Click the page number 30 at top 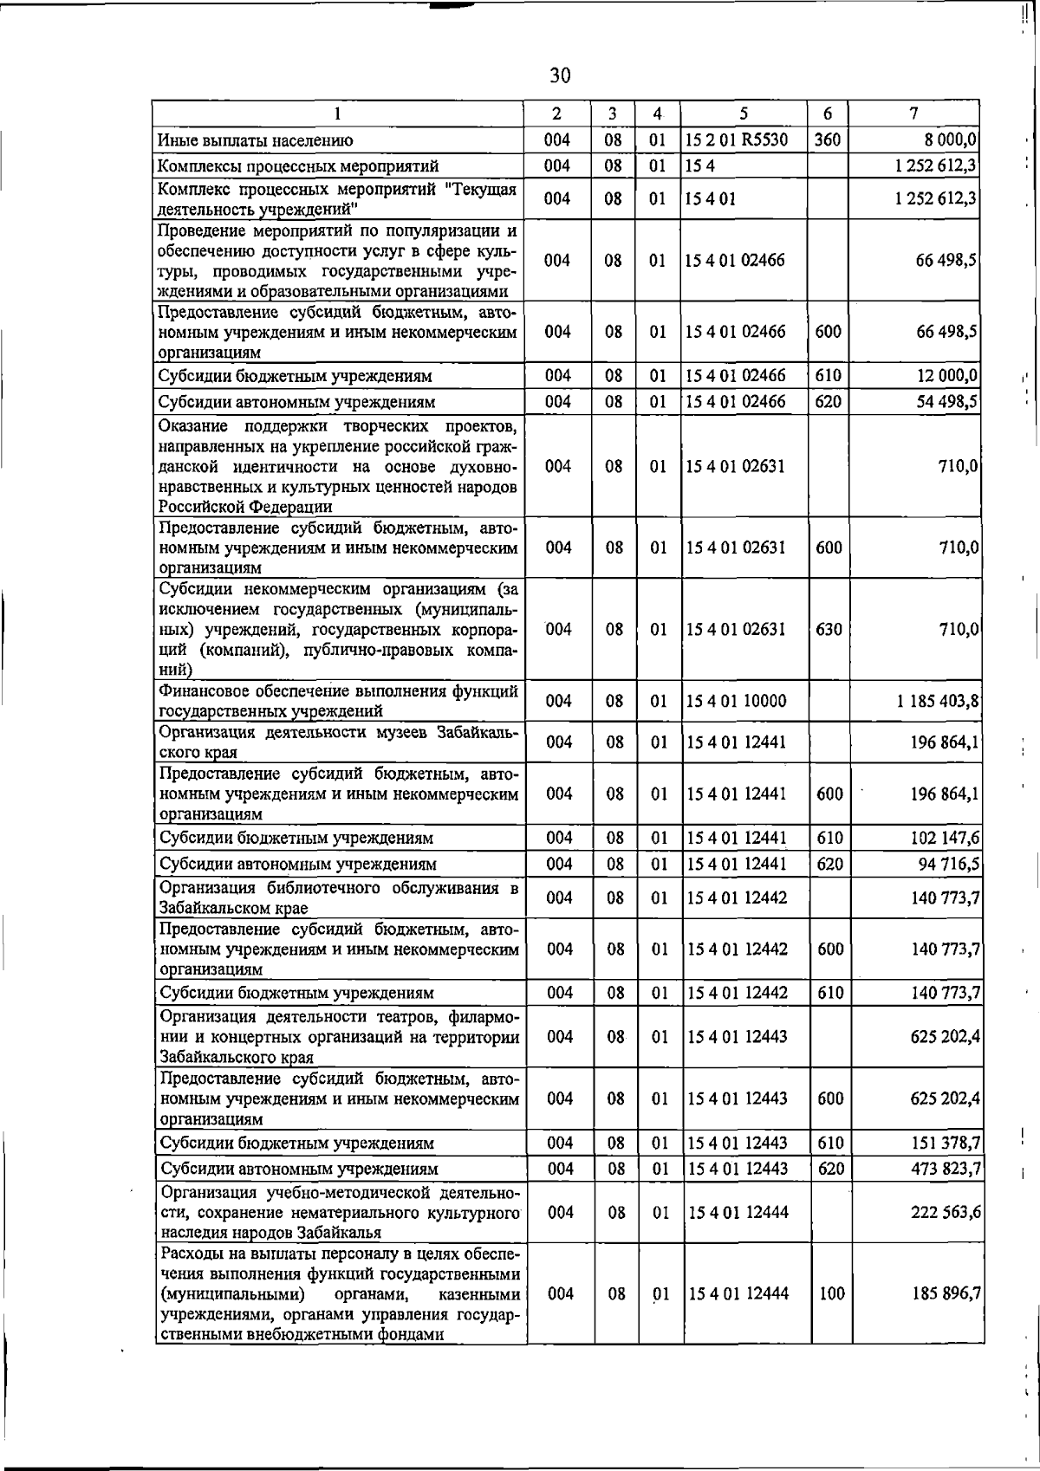[x=560, y=76]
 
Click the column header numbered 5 [x=744, y=113]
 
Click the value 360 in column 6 [x=828, y=139]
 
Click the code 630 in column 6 [x=829, y=630]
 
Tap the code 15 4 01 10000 [x=736, y=701]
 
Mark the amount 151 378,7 [x=941, y=1144]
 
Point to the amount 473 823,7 [x=941, y=1170]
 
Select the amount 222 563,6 [x=941, y=1213]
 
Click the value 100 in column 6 [x=831, y=1294]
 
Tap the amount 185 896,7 [x=941, y=1294]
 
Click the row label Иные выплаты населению [x=255, y=140]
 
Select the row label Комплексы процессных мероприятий [x=297, y=166]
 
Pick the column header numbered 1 [x=338, y=113]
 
